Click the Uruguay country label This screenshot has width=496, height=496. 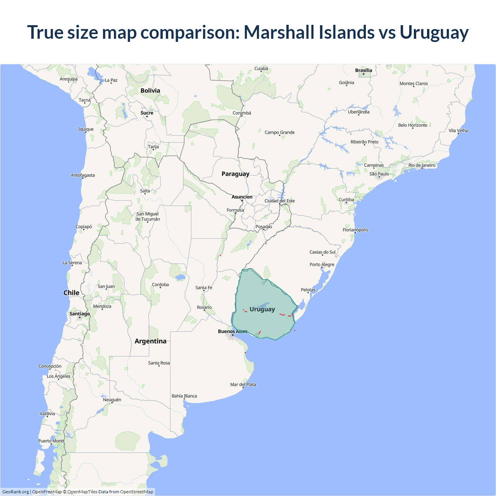262,309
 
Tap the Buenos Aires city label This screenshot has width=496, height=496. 232,331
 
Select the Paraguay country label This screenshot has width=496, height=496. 235,174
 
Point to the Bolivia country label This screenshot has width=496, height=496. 150,91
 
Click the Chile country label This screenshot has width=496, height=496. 71,293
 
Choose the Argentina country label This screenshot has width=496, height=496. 150,341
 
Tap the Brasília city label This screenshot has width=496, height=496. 363,71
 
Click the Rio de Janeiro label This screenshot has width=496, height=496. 422,165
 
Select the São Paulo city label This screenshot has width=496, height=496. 379,174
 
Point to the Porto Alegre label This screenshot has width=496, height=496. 322,265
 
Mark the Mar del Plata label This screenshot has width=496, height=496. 243,385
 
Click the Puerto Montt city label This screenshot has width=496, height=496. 51,441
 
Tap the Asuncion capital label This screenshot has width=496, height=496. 242,197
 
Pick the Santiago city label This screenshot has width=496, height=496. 79,314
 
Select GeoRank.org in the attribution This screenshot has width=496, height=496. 15,492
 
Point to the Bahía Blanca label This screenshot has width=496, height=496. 184,396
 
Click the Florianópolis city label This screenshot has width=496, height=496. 355,230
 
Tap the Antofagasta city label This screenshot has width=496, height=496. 83,176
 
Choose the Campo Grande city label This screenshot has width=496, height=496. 279,133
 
